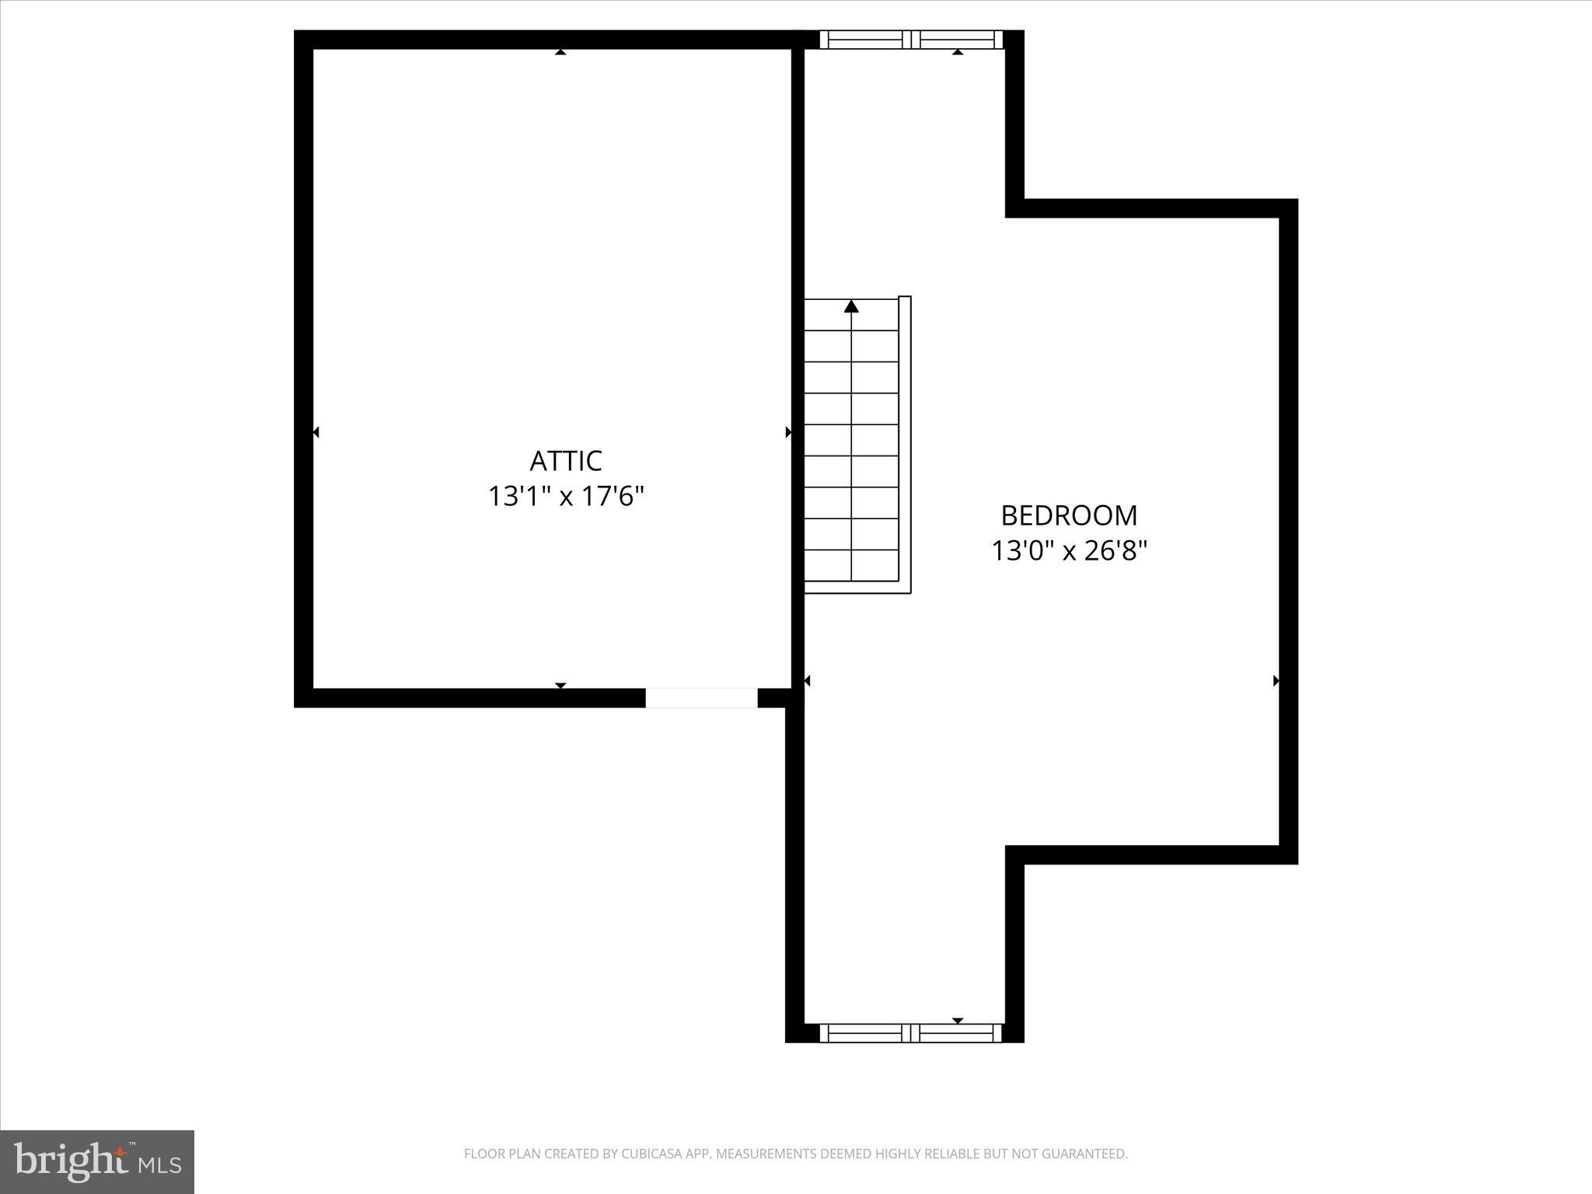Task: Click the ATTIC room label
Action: [x=565, y=461]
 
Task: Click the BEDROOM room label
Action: [x=1068, y=515]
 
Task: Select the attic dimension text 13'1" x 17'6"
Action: [x=566, y=496]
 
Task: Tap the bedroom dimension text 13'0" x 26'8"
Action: [x=1069, y=551]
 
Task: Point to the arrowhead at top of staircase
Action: [x=851, y=306]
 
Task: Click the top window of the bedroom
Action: [x=911, y=40]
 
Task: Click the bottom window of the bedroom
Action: [x=911, y=1032]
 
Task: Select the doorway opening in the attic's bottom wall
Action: [x=701, y=697]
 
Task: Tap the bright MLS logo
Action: [x=97, y=1161]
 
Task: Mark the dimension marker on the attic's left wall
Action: [x=316, y=432]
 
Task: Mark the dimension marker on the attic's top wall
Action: [x=560, y=52]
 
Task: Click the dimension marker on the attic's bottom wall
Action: [x=560, y=685]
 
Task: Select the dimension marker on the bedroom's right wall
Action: [x=1276, y=681]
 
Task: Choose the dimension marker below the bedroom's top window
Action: [x=958, y=52]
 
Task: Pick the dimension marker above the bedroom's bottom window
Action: [x=958, y=1021]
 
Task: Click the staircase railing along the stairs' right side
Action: [x=905, y=443]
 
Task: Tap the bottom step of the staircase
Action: [x=851, y=565]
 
